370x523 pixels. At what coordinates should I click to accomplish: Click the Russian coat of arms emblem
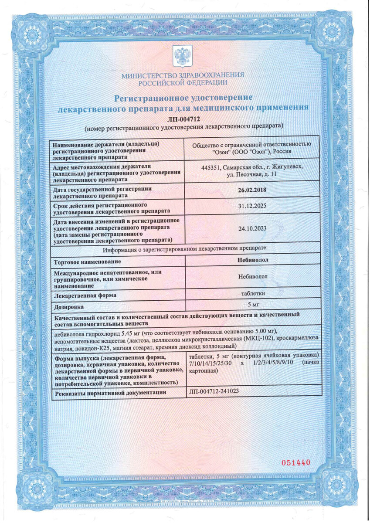[183, 56]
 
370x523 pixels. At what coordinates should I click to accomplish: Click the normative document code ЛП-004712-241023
[214, 391]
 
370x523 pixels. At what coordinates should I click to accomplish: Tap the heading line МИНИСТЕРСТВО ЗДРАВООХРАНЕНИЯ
[183, 75]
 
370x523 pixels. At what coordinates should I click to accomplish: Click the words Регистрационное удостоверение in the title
[183, 97]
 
